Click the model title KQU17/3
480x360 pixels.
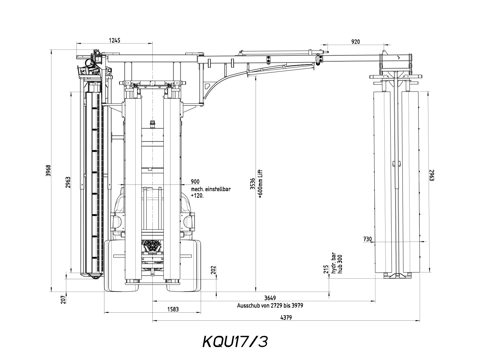point(235,341)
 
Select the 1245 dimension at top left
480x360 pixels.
point(115,40)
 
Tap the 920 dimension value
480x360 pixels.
point(355,42)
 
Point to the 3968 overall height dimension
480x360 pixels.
point(48,170)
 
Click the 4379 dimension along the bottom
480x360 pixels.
point(286,317)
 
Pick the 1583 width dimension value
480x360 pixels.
point(173,309)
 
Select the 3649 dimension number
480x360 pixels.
point(270,298)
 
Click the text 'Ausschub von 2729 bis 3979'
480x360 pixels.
point(270,306)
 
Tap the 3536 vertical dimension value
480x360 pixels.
point(253,184)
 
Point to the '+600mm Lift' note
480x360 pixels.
point(260,184)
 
